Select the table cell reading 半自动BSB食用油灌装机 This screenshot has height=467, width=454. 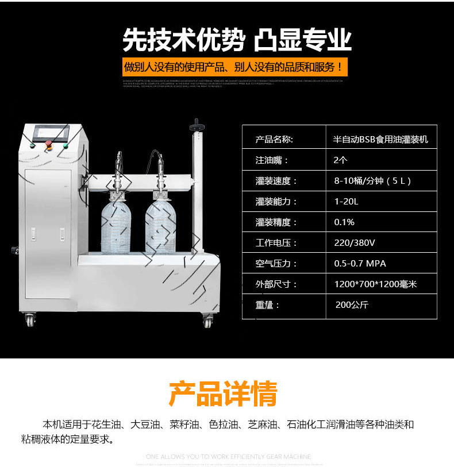(x=380, y=140)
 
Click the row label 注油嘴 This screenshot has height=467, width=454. (x=272, y=160)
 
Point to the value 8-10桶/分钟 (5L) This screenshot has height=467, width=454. (x=372, y=181)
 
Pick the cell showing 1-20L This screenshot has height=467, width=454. (x=346, y=202)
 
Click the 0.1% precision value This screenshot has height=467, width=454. (x=344, y=222)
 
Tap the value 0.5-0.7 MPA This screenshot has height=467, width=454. (x=360, y=264)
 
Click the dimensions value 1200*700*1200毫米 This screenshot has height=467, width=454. (x=375, y=284)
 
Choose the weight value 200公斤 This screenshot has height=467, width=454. (x=352, y=305)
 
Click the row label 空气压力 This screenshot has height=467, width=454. (x=276, y=264)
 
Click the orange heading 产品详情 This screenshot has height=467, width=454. (x=223, y=394)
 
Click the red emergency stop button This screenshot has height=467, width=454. (x=49, y=143)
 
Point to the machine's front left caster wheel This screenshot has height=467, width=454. (x=29, y=319)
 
